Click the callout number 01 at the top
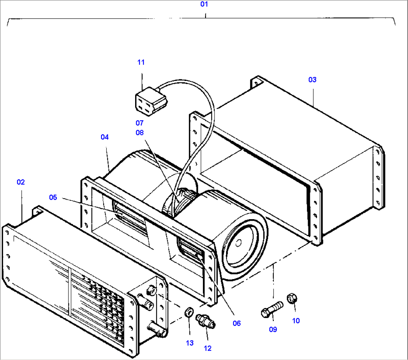point(204,4)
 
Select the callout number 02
point(21,182)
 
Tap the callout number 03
point(312,79)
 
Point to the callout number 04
point(104,137)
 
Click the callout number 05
point(53,197)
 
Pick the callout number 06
point(237,323)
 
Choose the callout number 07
point(140,122)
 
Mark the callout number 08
point(140,132)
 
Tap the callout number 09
point(273,329)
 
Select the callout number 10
point(296,321)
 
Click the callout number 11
point(141,62)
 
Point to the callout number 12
point(207,348)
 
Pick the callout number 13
point(190,343)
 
